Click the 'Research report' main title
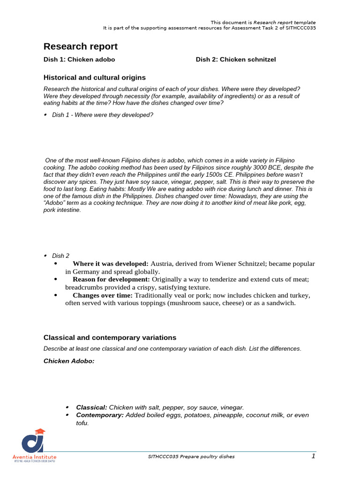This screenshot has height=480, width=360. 81,46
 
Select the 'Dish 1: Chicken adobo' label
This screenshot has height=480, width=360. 79,60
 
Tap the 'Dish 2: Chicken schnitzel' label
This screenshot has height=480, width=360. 236,60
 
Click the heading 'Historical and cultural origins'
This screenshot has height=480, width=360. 95,77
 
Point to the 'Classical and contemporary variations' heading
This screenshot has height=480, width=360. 110,337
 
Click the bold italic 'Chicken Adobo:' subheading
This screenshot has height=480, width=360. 69,361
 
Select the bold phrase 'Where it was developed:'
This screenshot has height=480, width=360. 111,264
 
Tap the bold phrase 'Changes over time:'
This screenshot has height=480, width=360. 103,295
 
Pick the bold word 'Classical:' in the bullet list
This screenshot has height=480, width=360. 92,407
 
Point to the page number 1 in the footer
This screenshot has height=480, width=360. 313,456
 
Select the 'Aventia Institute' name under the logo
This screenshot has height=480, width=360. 34,457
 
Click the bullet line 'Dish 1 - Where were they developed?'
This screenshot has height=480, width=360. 103,115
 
